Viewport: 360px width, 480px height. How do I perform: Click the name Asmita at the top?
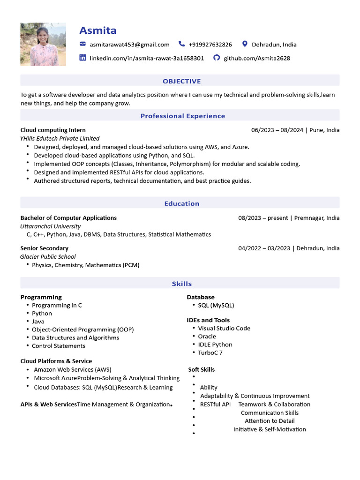[x=97, y=30]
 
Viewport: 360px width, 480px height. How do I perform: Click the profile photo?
[x=43, y=45]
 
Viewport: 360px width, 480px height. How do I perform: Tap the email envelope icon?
[x=83, y=44]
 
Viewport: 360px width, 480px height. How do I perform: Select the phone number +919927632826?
[x=210, y=45]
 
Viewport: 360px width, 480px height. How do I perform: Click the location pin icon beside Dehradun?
[x=244, y=44]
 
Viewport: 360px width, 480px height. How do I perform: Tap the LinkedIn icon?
[x=83, y=58]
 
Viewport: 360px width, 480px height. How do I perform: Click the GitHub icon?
[x=216, y=58]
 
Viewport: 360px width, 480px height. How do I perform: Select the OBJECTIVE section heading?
[x=181, y=81]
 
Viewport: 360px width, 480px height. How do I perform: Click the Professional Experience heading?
[x=183, y=116]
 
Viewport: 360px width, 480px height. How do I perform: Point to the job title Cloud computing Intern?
[x=53, y=130]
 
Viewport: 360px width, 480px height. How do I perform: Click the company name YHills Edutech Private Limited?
[x=60, y=138]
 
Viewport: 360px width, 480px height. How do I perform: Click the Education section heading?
[x=181, y=203]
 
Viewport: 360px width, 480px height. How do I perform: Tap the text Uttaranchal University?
[x=51, y=226]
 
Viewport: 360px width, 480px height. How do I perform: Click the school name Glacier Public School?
[x=48, y=256]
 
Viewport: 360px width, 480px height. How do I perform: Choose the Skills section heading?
[x=181, y=284]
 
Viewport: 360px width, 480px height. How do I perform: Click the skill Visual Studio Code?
[x=224, y=328]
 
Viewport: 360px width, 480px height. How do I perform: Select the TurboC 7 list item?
[x=210, y=352]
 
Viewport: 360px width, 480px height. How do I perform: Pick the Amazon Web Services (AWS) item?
[x=72, y=369]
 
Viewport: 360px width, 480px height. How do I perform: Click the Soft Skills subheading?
[x=202, y=369]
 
